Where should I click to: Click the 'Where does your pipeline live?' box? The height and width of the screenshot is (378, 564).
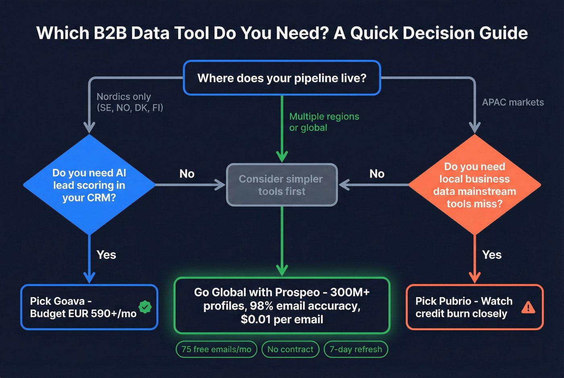[x=282, y=78]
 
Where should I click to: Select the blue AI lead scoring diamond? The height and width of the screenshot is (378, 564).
[x=89, y=185]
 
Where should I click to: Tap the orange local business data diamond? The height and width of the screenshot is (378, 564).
[x=475, y=185]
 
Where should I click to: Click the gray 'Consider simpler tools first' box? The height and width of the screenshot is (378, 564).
[x=282, y=185]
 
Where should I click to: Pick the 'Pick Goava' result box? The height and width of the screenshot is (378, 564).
[x=89, y=307]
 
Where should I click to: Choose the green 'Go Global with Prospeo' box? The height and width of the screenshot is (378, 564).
[x=282, y=306]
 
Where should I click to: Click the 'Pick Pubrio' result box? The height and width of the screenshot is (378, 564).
[x=475, y=307]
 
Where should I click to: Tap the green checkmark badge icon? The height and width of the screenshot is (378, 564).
[x=145, y=307]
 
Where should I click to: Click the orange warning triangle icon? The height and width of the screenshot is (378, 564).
[x=528, y=308]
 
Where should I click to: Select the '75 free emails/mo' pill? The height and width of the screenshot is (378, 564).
[x=216, y=349]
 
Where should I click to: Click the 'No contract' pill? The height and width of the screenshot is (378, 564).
[x=290, y=349]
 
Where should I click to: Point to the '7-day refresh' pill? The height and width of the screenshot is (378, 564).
[x=356, y=349]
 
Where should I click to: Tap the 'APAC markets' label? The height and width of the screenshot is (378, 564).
[x=512, y=102]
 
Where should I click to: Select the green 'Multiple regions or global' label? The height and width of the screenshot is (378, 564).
[x=324, y=122]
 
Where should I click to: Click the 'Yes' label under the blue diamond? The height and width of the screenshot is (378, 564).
[x=106, y=255]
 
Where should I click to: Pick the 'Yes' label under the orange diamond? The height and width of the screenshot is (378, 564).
[x=491, y=255]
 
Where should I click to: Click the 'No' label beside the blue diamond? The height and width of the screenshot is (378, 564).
[x=187, y=174]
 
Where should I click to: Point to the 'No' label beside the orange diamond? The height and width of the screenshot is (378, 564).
[x=377, y=174]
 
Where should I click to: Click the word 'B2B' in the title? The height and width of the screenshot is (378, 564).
[x=110, y=33]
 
